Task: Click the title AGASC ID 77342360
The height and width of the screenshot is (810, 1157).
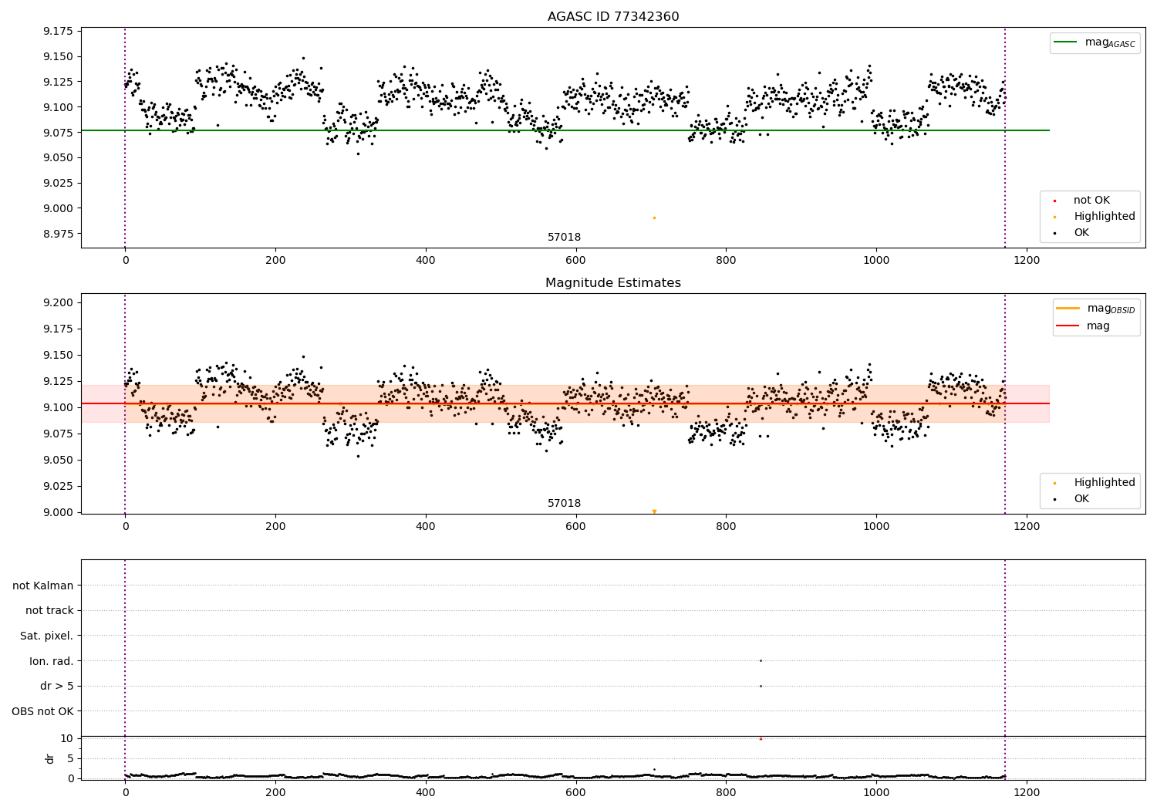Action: (613, 17)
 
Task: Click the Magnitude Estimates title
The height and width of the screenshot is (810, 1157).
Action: (613, 283)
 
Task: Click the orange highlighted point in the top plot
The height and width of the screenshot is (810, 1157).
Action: (654, 218)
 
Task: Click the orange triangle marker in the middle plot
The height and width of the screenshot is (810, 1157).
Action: (654, 511)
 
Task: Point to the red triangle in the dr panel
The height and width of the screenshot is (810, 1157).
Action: (761, 738)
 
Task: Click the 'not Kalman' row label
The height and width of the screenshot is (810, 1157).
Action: (43, 586)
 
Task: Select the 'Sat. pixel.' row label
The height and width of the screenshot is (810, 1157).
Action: (46, 636)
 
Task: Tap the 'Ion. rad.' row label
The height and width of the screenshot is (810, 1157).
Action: (51, 661)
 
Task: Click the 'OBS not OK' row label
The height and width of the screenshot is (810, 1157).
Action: (42, 711)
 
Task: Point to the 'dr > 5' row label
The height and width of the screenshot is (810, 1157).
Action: (56, 686)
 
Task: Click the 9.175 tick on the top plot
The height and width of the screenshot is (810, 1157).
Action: (57, 31)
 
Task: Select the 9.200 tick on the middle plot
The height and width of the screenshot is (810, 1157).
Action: (57, 302)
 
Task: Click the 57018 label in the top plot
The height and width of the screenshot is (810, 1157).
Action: (564, 238)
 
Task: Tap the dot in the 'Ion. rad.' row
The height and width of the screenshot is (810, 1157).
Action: (761, 660)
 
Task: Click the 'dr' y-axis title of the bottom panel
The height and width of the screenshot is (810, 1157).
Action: (50, 758)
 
